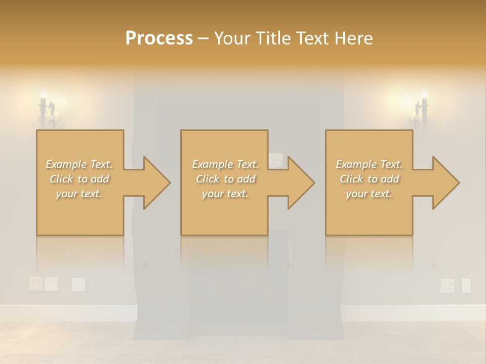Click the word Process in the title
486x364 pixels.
click(159, 38)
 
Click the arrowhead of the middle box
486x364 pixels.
click(300, 183)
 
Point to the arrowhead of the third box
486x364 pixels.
click(445, 183)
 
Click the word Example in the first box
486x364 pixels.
click(66, 164)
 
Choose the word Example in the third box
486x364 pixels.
click(356, 164)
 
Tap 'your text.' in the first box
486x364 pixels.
click(79, 194)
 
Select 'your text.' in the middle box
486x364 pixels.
click(225, 194)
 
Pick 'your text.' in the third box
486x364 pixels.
click(369, 194)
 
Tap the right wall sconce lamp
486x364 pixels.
click(421, 110)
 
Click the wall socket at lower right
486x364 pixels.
click(448, 286)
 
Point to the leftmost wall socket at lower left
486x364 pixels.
click(36, 284)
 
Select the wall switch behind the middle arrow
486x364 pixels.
click(276, 160)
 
